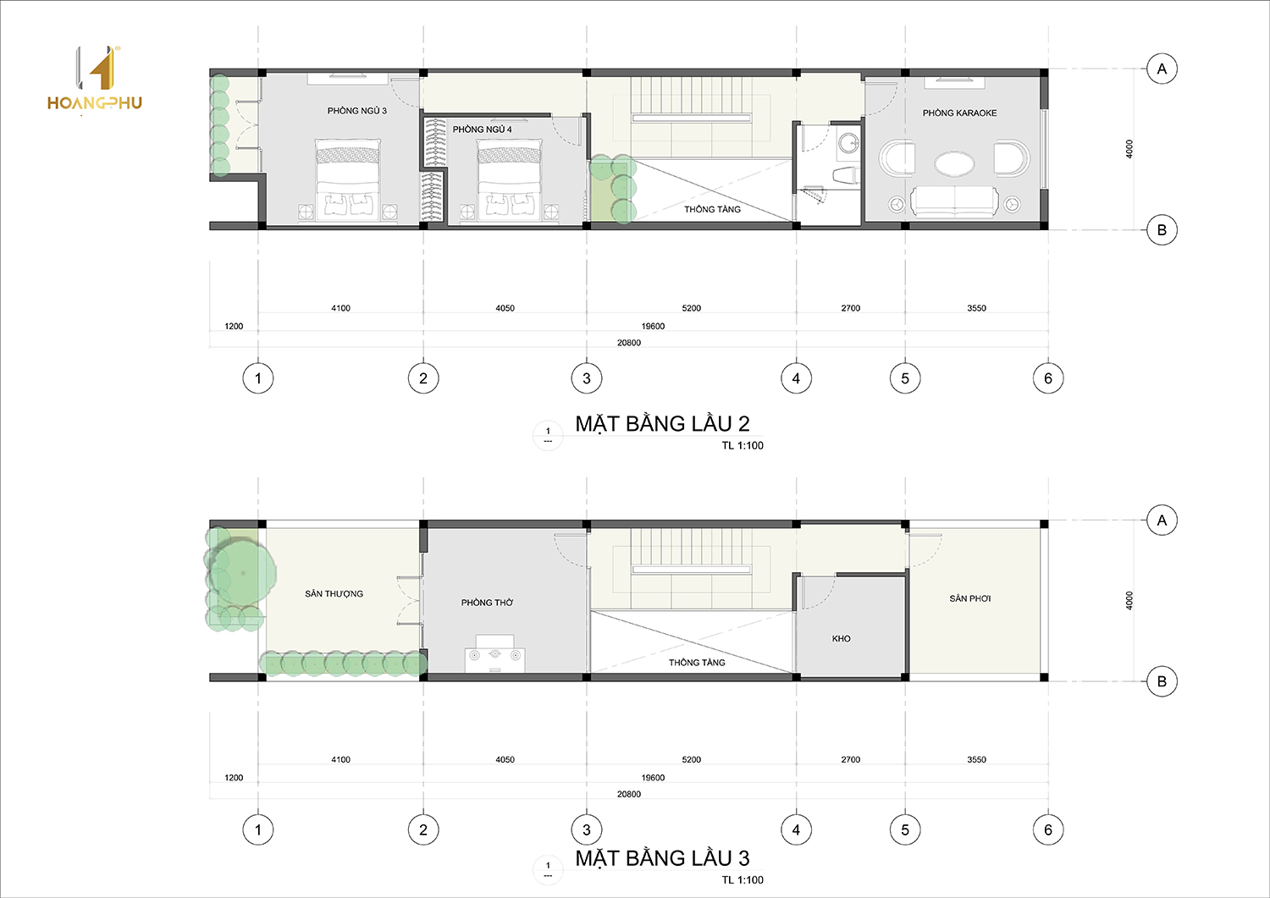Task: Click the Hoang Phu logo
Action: pos(95,80)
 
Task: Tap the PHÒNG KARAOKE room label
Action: pos(959,113)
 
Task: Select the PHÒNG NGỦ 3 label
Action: pos(356,111)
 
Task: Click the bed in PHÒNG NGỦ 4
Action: pos(509,179)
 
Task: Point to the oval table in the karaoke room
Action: pos(954,163)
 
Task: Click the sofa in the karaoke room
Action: pos(954,202)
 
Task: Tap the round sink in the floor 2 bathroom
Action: pos(848,141)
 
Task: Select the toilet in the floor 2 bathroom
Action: pos(845,175)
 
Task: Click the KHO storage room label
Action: pos(841,638)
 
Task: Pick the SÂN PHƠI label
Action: pos(970,598)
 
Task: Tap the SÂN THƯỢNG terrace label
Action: pos(334,593)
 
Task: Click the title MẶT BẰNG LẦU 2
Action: pos(662,423)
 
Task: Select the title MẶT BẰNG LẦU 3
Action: pos(662,858)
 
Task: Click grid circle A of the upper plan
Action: pos(1162,69)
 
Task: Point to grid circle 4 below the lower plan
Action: pos(796,830)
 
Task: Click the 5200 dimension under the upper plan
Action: pos(691,308)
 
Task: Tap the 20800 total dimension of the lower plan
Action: pos(629,794)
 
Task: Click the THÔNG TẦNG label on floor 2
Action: pos(712,209)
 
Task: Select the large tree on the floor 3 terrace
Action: pos(243,573)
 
